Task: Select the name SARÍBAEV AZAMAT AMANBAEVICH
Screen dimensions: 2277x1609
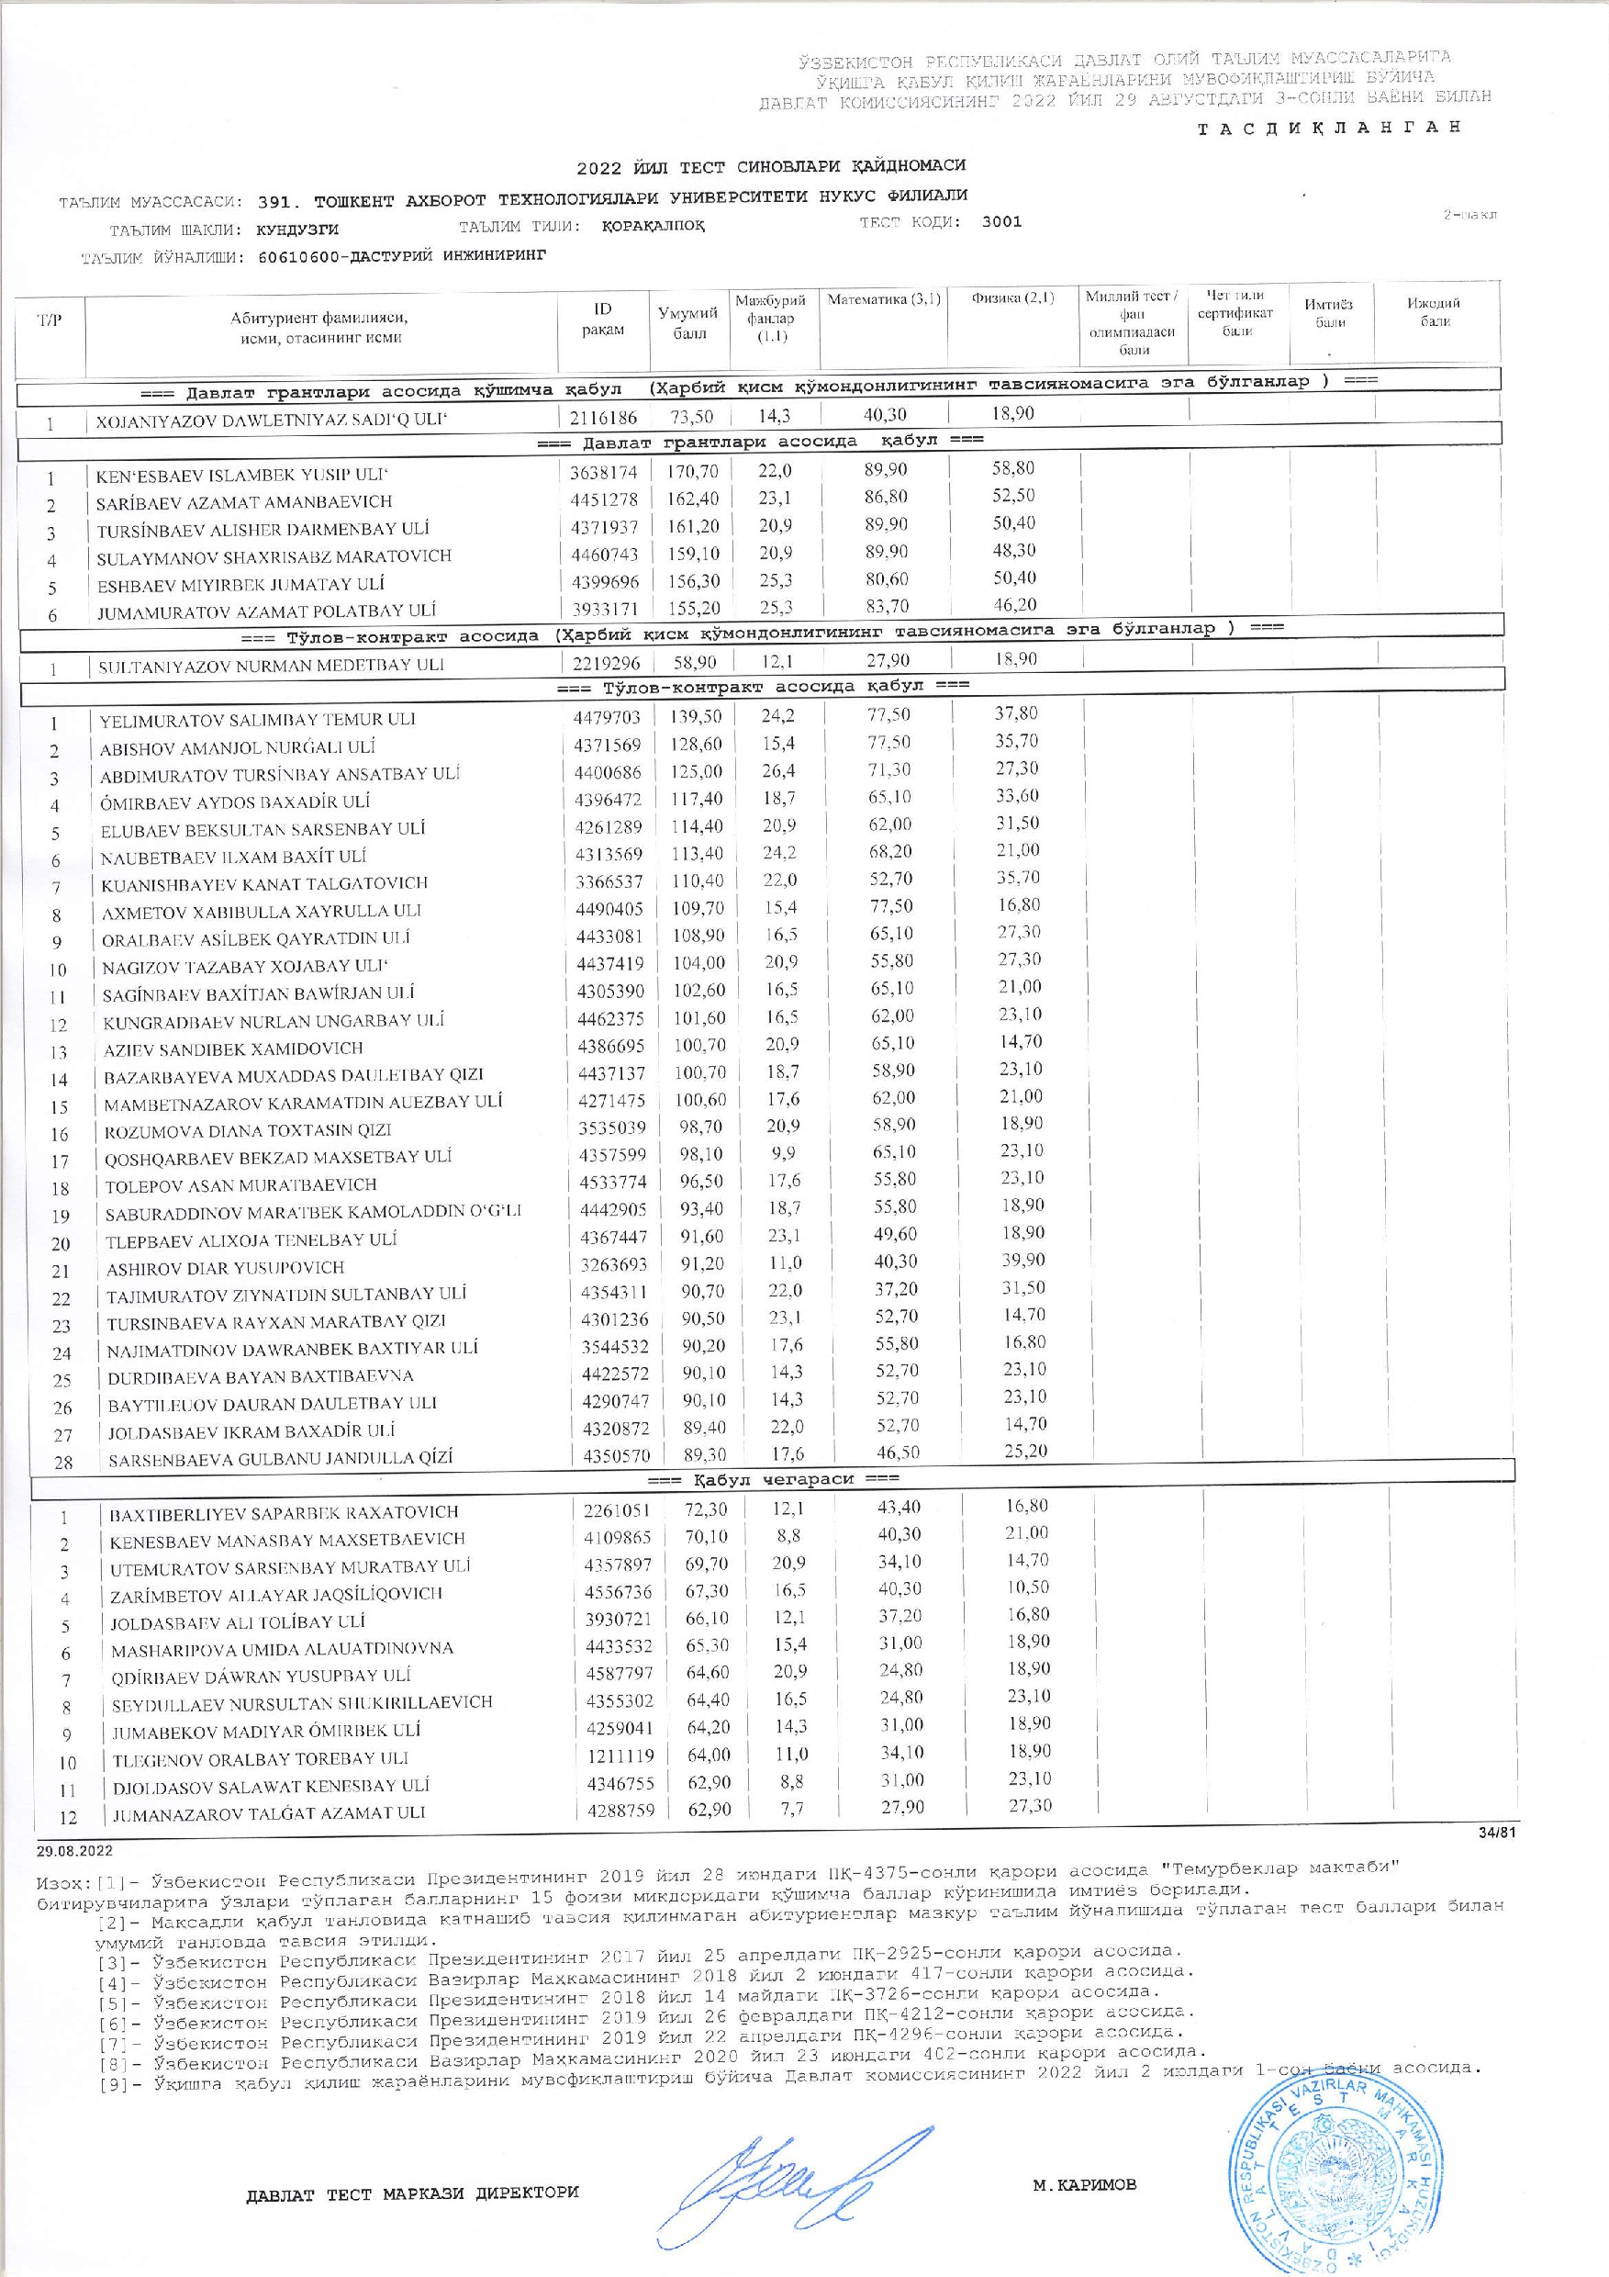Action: tap(244, 503)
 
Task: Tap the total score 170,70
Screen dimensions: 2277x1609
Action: tap(691, 472)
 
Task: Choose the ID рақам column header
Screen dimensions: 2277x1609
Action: tap(603, 320)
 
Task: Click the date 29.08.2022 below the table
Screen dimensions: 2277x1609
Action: tap(74, 1851)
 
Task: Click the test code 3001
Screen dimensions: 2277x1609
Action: tap(1001, 222)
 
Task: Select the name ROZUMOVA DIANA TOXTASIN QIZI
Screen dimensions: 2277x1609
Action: tap(249, 1130)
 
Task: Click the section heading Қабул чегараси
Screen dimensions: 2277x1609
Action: tap(773, 1478)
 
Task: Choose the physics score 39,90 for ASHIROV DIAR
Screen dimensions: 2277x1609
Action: tap(1018, 1261)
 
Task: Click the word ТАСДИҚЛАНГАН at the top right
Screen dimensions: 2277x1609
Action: tap(1328, 128)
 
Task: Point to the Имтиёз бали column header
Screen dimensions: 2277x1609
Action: tap(1329, 313)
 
